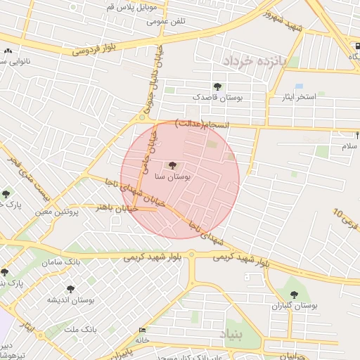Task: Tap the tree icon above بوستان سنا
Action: (173, 166)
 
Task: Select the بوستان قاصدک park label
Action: (219, 99)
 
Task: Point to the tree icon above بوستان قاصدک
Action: (217, 86)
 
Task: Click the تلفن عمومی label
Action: (166, 21)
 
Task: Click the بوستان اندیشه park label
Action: (71, 300)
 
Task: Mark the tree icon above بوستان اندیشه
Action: (70, 288)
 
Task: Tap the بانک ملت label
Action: (79, 328)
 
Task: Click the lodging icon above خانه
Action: (143, 330)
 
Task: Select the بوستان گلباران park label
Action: (295, 306)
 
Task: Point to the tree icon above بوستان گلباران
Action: (294, 294)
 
